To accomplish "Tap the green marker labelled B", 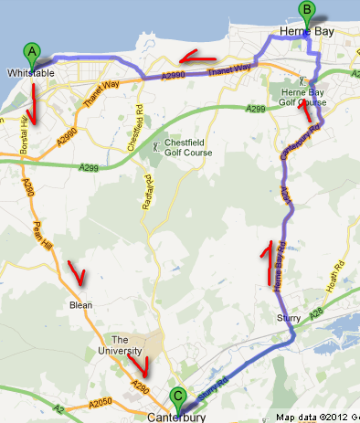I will (x=307, y=12).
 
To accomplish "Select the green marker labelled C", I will (x=177, y=397).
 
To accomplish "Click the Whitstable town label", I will (x=31, y=72).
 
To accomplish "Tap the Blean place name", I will (x=80, y=305).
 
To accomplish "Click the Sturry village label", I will (x=288, y=318).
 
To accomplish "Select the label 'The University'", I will (x=126, y=345).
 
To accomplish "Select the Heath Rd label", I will (x=338, y=274).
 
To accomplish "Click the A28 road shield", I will (x=315, y=313).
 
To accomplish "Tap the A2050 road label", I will (x=100, y=402).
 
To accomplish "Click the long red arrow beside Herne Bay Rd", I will (x=268, y=262).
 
